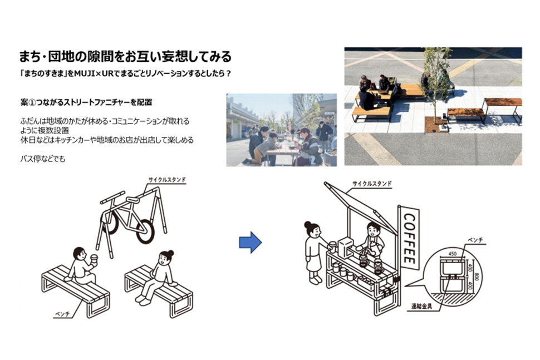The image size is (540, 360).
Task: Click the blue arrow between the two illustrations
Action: click(251, 242)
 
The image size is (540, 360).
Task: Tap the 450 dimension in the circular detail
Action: click(452, 253)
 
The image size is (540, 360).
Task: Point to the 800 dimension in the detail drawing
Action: click(477, 277)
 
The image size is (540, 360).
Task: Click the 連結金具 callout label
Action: click(421, 305)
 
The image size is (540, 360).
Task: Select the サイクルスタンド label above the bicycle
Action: click(167, 180)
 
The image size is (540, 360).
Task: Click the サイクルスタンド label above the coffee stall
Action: click(372, 184)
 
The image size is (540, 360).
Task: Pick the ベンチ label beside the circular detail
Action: click(475, 240)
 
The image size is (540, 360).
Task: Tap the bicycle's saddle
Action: click(132, 200)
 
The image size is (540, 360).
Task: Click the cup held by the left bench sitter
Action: click(94, 258)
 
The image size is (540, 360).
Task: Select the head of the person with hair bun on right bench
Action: click(166, 257)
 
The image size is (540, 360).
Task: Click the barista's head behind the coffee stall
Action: click(373, 229)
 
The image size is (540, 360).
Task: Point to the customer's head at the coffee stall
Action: click(312, 229)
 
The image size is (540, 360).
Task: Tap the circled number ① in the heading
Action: click(32, 102)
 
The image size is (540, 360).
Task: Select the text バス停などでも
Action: click(43, 159)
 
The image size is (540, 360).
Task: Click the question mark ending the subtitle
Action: click(228, 73)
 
